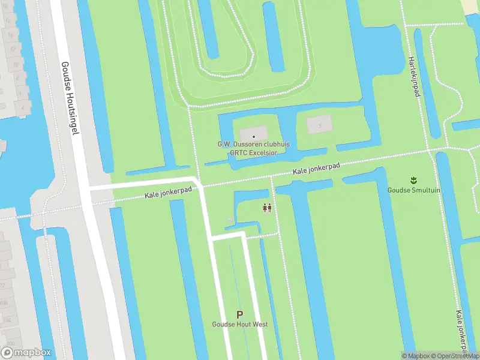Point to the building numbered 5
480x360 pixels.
pyautogui.click(x=319, y=125)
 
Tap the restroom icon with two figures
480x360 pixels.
pyautogui.click(x=268, y=208)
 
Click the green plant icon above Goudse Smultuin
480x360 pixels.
pyautogui.click(x=413, y=179)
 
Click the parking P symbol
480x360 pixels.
pyautogui.click(x=239, y=314)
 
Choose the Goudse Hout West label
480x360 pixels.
pyautogui.click(x=239, y=325)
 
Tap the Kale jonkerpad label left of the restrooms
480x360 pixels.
pyautogui.click(x=169, y=193)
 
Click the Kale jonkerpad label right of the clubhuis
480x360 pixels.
pyautogui.click(x=317, y=170)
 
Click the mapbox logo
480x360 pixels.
pyautogui.click(x=26, y=352)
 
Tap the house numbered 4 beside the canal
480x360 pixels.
pyautogui.click(x=23, y=108)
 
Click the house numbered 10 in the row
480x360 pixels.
pyautogui.click(x=16, y=64)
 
